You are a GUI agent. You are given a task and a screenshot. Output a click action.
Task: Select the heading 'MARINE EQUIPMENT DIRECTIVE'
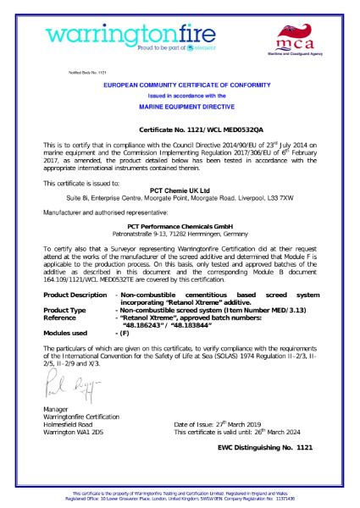[179, 109]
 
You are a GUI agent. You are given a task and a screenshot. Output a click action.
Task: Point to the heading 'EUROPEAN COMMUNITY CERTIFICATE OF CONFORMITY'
[179, 86]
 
